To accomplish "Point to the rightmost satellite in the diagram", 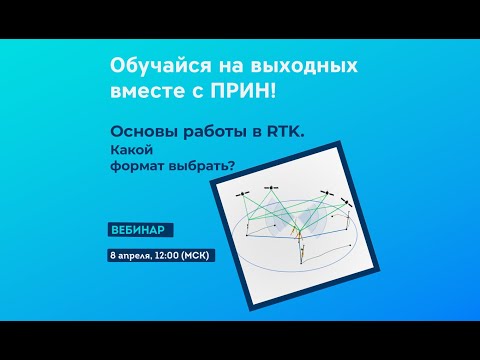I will click(347, 202).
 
